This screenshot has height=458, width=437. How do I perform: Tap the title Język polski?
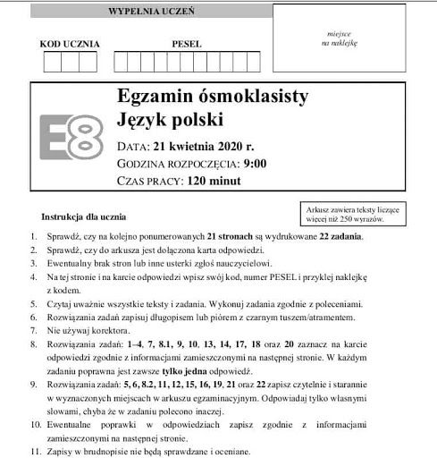click(170, 119)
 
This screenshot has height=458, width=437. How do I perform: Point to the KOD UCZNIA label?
click(70, 43)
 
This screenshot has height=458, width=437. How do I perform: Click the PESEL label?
click(187, 43)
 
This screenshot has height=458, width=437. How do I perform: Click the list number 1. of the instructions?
click(33, 236)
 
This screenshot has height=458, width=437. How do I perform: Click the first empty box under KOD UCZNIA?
click(52, 63)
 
